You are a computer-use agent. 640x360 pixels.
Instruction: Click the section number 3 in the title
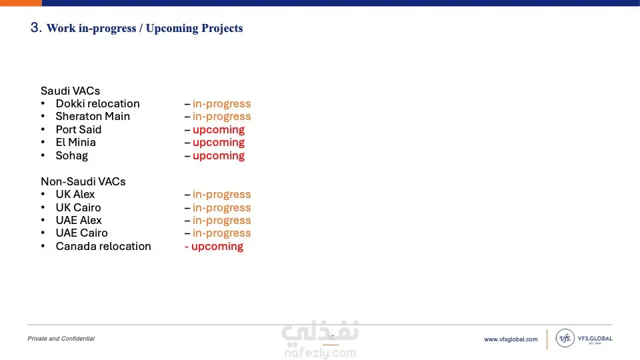(x=35, y=27)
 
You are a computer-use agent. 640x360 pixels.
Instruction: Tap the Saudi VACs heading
(x=70, y=91)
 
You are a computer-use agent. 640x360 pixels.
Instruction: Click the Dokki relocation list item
(x=97, y=104)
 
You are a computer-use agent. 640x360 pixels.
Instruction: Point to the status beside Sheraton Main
(x=221, y=116)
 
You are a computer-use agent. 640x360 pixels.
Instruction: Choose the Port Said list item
(x=79, y=129)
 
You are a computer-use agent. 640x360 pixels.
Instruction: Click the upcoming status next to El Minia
(x=219, y=143)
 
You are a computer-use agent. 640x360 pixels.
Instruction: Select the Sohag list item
(x=72, y=155)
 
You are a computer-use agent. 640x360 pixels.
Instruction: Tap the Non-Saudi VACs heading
(x=83, y=181)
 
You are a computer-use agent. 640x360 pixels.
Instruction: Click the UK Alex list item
(x=75, y=194)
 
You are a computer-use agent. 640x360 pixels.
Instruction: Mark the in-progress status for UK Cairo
(x=221, y=208)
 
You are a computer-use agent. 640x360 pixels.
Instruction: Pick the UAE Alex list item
(x=79, y=220)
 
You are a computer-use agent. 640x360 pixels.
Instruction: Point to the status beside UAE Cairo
(x=221, y=233)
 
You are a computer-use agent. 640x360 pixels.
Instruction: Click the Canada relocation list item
(x=103, y=246)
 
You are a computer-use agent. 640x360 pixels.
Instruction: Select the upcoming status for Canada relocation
(x=217, y=247)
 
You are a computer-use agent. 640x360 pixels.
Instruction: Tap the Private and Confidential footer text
(x=61, y=339)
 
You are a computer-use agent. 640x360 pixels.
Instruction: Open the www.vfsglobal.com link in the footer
(x=511, y=339)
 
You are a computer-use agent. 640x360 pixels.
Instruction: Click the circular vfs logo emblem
(x=565, y=338)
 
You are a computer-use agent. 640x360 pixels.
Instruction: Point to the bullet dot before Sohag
(x=43, y=155)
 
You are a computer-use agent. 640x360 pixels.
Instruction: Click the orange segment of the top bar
(x=21, y=3)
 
